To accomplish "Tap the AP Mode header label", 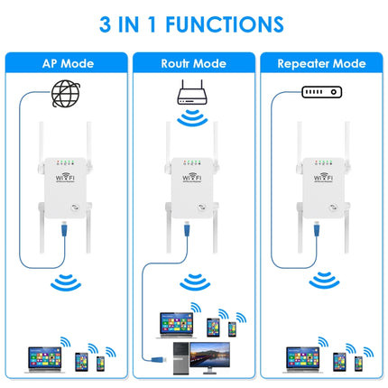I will tap(67, 64).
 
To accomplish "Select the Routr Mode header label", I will tap(194, 64).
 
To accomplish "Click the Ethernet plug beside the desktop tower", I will tap(159, 361).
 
